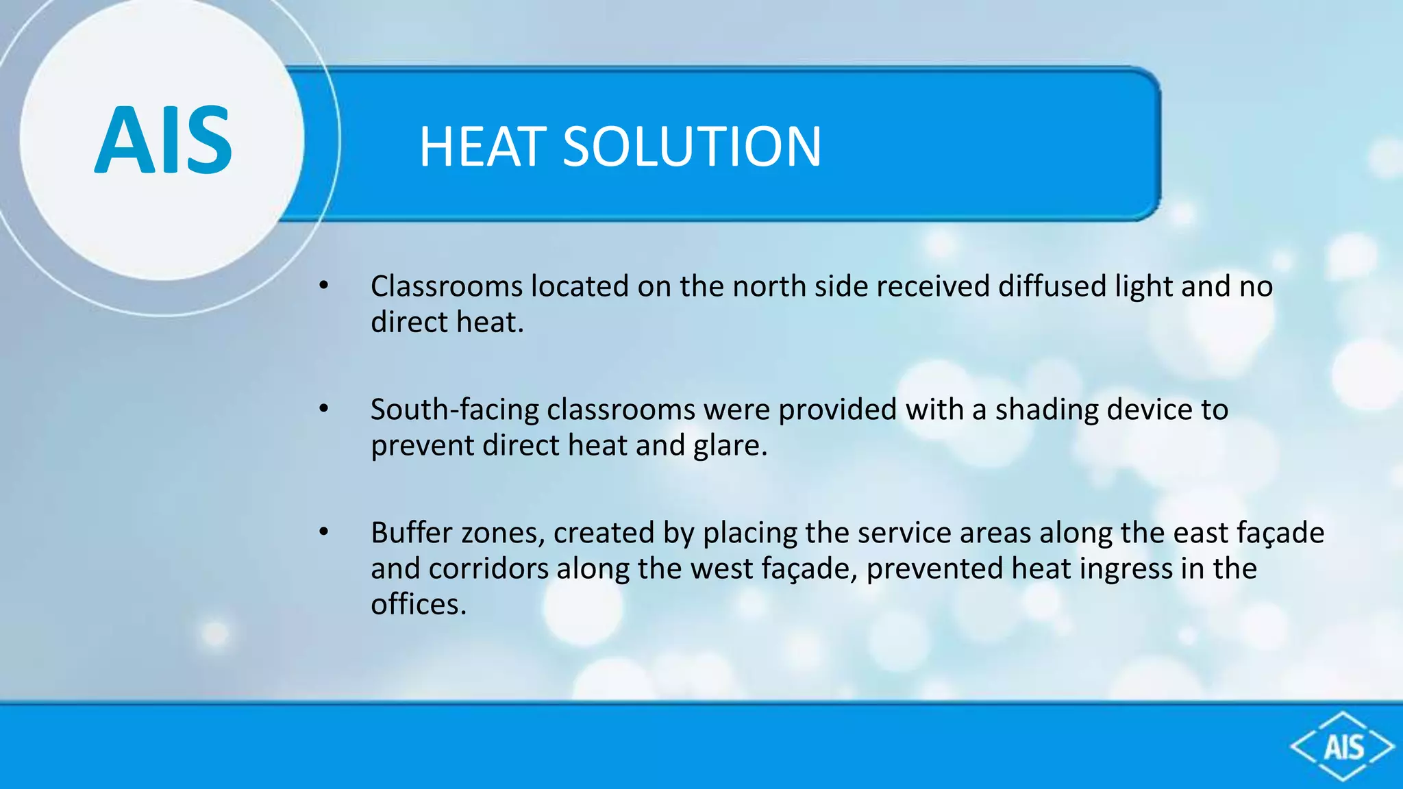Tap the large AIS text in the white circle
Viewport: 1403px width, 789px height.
[x=163, y=140]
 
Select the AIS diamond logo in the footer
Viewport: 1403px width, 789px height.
[x=1342, y=747]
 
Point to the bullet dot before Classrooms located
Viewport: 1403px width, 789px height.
[x=324, y=286]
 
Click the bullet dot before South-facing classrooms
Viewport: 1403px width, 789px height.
[x=324, y=409]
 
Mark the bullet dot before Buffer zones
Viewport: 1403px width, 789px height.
[x=324, y=532]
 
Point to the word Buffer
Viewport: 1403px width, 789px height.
[x=411, y=533]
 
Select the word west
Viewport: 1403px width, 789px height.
[x=719, y=568]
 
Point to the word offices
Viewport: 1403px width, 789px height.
[x=418, y=604]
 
